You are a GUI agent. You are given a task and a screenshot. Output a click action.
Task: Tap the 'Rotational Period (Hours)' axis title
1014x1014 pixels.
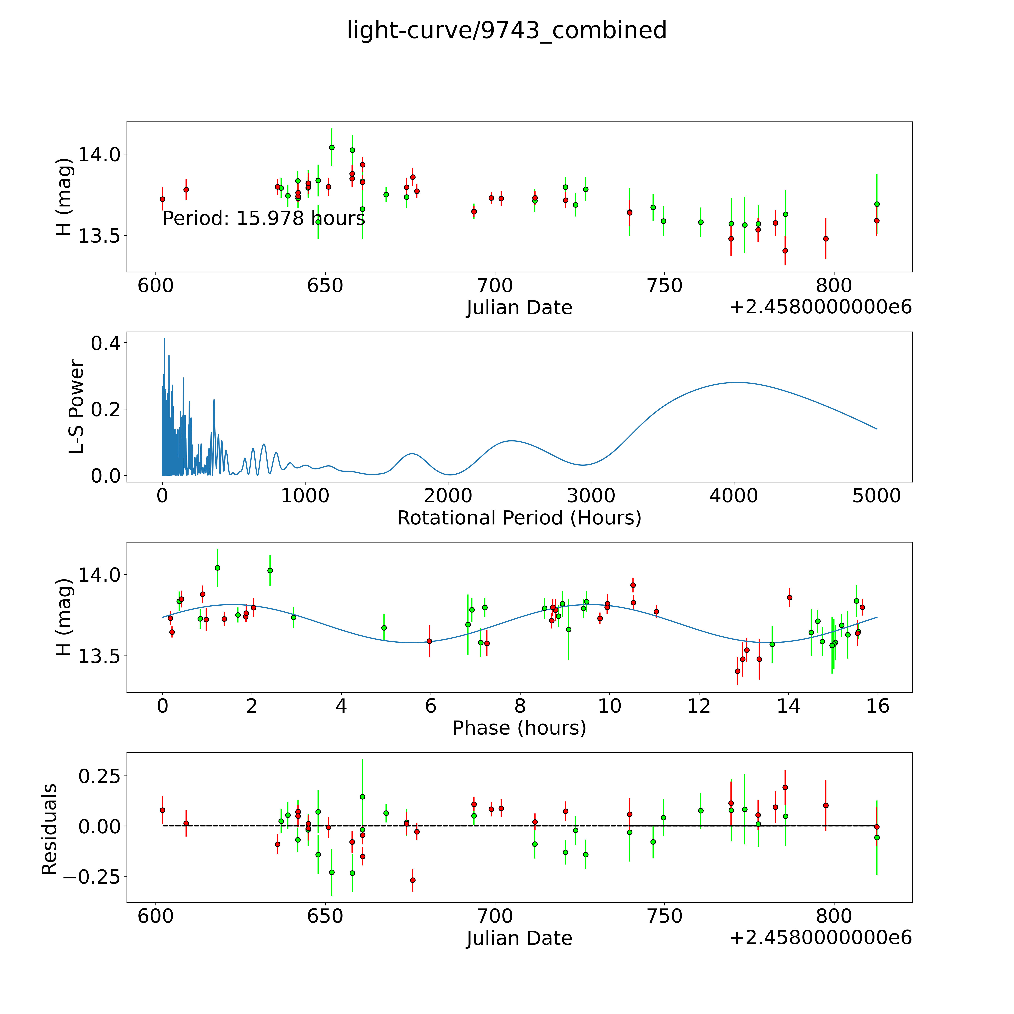(519, 518)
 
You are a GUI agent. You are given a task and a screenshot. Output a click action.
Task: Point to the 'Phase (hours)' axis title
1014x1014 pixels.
(519, 728)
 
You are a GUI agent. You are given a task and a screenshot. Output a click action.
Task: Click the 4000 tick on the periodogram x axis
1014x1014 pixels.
(734, 496)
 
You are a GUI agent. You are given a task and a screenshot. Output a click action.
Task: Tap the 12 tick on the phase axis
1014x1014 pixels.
(699, 706)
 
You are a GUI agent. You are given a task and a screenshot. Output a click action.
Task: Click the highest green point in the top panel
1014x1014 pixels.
(332, 147)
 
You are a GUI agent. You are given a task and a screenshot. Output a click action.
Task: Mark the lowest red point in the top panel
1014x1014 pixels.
(785, 251)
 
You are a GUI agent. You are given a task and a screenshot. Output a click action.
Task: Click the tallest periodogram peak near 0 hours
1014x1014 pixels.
(164, 339)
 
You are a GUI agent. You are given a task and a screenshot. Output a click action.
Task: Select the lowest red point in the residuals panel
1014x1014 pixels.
(413, 880)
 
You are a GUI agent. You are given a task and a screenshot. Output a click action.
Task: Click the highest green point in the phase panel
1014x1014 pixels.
(217, 568)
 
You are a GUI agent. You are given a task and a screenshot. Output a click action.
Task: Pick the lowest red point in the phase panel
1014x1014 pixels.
(737, 671)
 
